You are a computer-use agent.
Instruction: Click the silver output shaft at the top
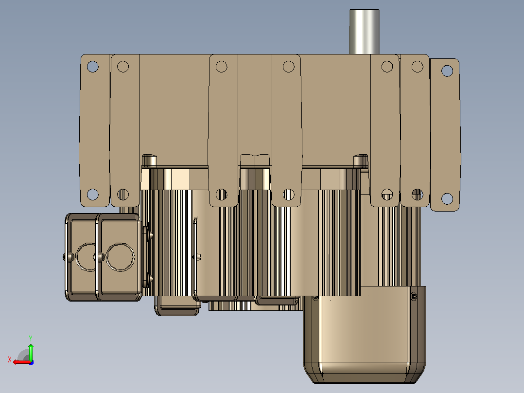[364, 32]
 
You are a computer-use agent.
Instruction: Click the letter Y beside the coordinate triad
[31, 338]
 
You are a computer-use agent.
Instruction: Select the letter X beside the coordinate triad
[10, 359]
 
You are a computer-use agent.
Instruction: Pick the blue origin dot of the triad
[31, 362]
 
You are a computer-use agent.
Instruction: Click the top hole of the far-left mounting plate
[92, 67]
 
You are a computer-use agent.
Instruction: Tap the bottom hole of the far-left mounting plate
[92, 195]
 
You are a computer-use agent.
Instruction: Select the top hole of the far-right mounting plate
[447, 71]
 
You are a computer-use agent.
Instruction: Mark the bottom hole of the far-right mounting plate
[447, 198]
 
